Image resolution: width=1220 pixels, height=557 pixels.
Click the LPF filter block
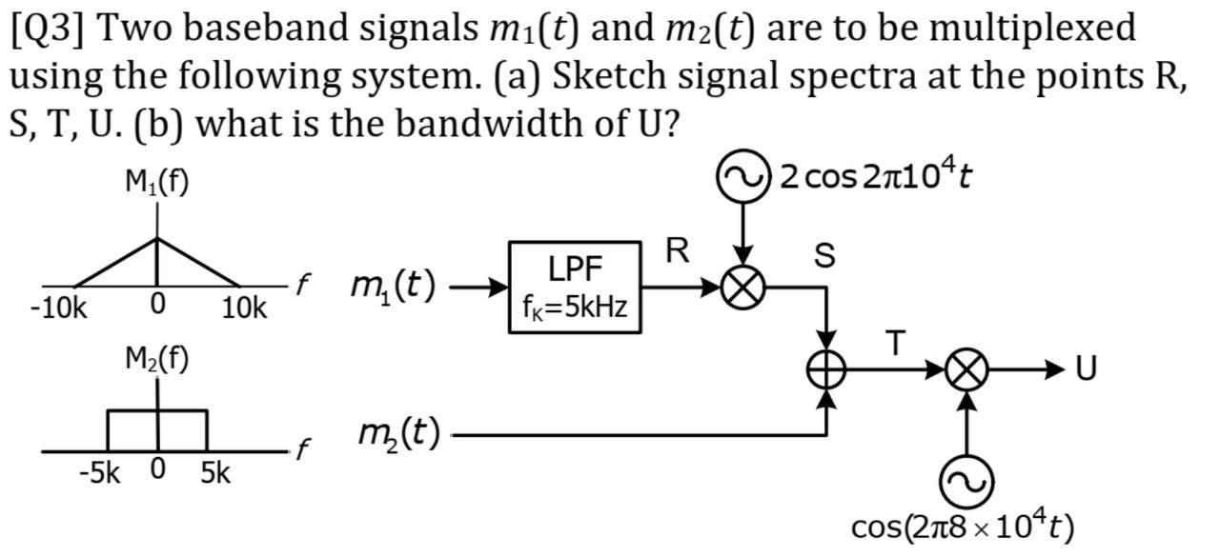tap(575, 288)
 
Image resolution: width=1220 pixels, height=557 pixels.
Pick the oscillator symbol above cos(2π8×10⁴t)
tap(966, 482)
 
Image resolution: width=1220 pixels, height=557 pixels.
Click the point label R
tap(677, 251)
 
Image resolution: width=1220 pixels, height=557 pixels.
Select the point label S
tap(825, 255)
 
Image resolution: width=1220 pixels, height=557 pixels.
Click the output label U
tap(1085, 369)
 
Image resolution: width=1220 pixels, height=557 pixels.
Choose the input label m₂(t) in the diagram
tap(398, 434)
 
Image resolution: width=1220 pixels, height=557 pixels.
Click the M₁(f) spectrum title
tap(157, 182)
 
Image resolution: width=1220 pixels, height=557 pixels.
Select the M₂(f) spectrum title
tap(157, 359)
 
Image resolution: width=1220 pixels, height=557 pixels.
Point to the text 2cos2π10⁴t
tap(875, 176)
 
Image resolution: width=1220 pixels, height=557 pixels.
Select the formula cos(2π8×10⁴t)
tap(963, 527)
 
